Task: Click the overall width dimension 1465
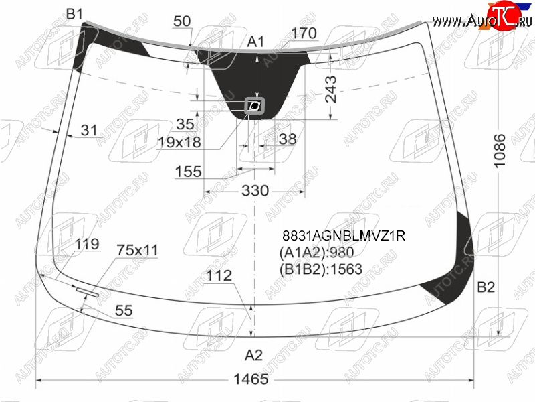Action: click(251, 379)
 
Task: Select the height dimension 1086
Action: click(500, 150)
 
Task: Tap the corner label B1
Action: click(74, 14)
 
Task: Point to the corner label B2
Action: click(486, 287)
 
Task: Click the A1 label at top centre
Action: click(255, 42)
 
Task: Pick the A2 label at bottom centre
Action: click(253, 356)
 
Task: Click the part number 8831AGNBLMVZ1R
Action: click(344, 236)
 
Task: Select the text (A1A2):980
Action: click(316, 253)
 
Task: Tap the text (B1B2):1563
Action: click(321, 269)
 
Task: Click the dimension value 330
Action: click(255, 190)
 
